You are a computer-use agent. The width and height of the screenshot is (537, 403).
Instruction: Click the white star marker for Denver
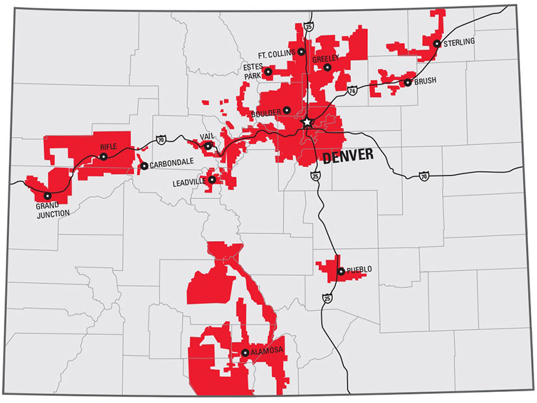pyautogui.click(x=308, y=122)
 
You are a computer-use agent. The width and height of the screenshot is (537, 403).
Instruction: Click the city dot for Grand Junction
pyautogui.click(x=47, y=196)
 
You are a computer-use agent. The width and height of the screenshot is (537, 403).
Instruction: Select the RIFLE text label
pyautogui.click(x=109, y=147)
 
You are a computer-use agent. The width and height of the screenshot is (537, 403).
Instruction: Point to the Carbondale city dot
pyautogui.click(x=144, y=166)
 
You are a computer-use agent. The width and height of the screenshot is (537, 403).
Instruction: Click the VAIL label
pyautogui.click(x=206, y=137)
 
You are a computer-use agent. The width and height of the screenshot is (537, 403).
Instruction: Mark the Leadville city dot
pyautogui.click(x=211, y=179)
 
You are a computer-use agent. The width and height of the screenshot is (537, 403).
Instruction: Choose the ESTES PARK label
pyautogui.click(x=252, y=71)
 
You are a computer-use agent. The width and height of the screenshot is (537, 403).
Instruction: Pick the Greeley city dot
pyautogui.click(x=328, y=67)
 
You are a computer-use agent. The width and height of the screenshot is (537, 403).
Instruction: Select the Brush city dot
pyautogui.click(x=407, y=83)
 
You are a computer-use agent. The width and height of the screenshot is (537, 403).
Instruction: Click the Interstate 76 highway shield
pyautogui.click(x=352, y=90)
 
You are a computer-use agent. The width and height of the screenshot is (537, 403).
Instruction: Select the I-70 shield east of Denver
pyautogui.click(x=424, y=175)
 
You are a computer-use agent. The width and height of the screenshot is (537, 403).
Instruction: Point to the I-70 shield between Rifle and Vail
pyautogui.click(x=161, y=139)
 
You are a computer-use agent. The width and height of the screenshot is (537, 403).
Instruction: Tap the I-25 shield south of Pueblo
pyautogui.click(x=325, y=298)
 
